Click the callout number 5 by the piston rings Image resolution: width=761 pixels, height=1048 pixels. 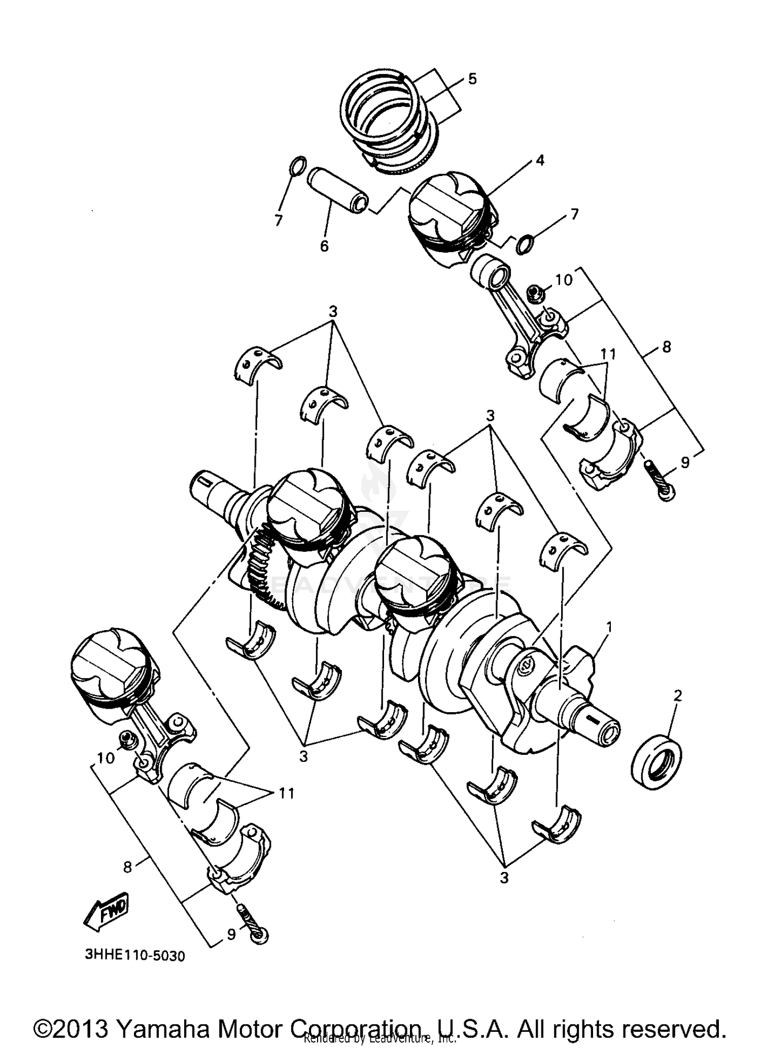pyautogui.click(x=472, y=79)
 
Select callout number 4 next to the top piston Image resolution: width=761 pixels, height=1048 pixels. pyautogui.click(x=539, y=161)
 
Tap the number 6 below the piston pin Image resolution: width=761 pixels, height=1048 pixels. pyautogui.click(x=324, y=246)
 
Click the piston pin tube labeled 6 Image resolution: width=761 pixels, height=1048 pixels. pyautogui.click(x=337, y=190)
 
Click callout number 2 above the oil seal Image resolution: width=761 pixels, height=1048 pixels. pyautogui.click(x=678, y=695)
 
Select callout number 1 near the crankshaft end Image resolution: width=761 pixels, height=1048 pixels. pyautogui.click(x=609, y=627)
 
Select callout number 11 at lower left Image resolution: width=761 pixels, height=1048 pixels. pyautogui.click(x=287, y=793)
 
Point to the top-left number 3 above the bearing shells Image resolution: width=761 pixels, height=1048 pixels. pyautogui.click(x=333, y=311)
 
